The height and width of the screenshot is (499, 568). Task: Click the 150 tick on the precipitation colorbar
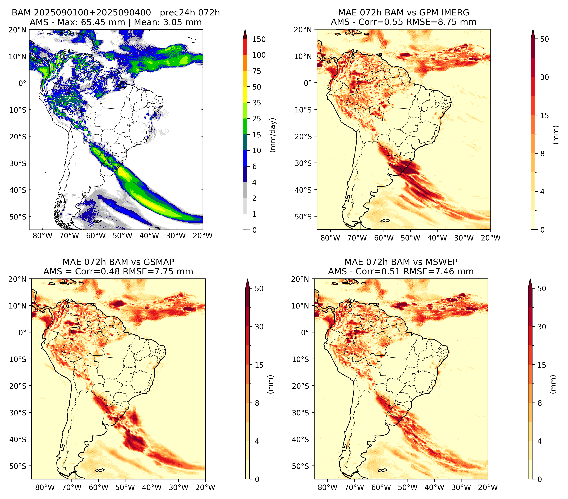click(x=259, y=39)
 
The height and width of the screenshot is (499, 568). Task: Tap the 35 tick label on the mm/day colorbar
click(x=256, y=103)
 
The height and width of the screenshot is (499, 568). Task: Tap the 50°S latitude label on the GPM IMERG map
click(x=303, y=216)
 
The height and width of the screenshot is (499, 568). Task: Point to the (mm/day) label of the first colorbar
click(x=273, y=135)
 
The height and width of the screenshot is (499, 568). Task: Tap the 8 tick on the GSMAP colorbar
click(x=257, y=403)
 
